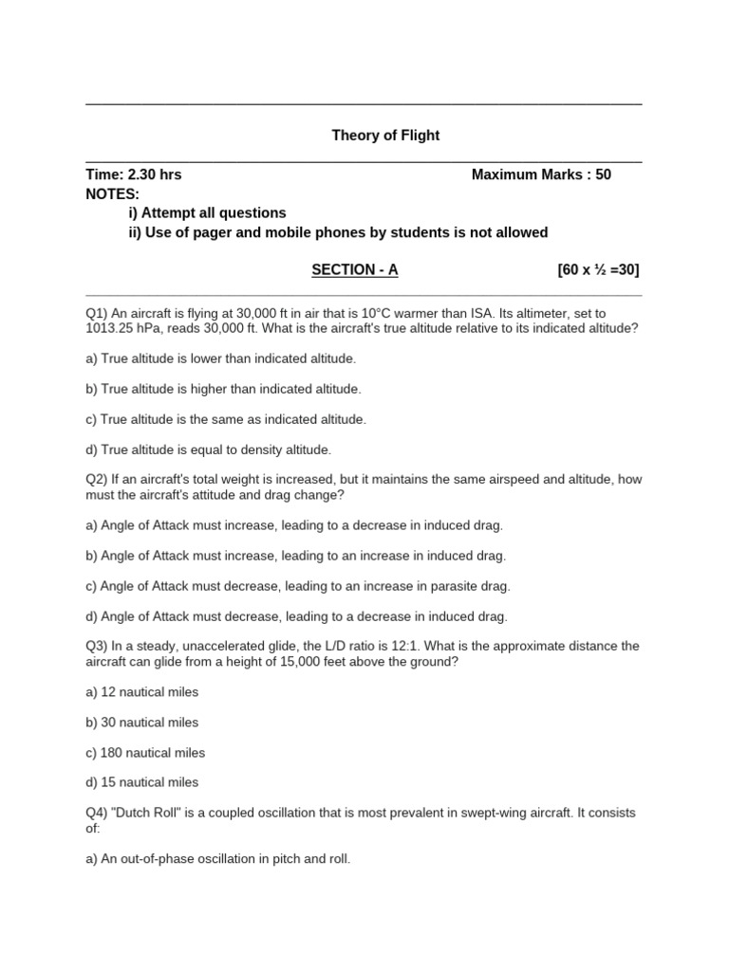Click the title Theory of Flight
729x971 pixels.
pyautogui.click(x=385, y=136)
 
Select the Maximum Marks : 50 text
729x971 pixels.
pyautogui.click(x=541, y=175)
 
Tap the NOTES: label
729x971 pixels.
pyautogui.click(x=112, y=194)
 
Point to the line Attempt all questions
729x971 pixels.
pyautogui.click(x=207, y=213)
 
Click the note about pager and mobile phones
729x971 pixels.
pyautogui.click(x=338, y=233)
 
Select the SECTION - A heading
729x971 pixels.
pyautogui.click(x=355, y=270)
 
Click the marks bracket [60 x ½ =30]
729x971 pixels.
pyautogui.click(x=598, y=270)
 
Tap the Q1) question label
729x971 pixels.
pyautogui.click(x=98, y=313)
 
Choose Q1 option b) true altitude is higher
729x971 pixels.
pyautogui.click(x=223, y=389)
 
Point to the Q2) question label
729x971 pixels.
pyautogui.click(x=98, y=480)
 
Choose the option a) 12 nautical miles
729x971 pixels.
pyautogui.click(x=141, y=692)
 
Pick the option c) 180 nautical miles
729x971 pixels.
pyautogui.click(x=145, y=753)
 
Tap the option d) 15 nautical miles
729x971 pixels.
pyautogui.click(x=141, y=782)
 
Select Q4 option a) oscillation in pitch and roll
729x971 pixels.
pyautogui.click(x=218, y=859)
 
